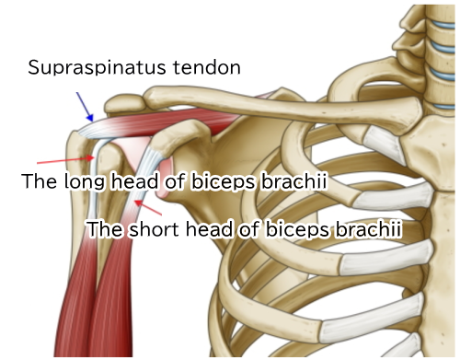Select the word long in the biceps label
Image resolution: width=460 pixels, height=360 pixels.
point(84,182)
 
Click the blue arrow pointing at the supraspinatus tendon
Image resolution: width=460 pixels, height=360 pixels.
point(83,106)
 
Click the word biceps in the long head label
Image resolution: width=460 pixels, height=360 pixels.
point(220,182)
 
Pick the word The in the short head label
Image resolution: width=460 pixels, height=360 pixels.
point(103,226)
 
